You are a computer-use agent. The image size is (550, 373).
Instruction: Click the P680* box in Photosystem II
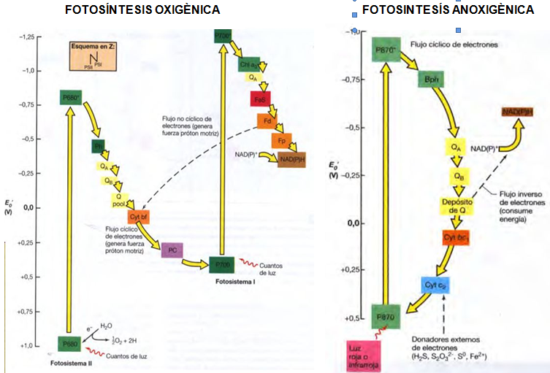coord(70,97)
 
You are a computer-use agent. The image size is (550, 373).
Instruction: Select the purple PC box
coord(172,250)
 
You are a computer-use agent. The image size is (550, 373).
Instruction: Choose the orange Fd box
coord(267,120)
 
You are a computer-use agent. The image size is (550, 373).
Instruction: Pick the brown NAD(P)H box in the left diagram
coord(291,159)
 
